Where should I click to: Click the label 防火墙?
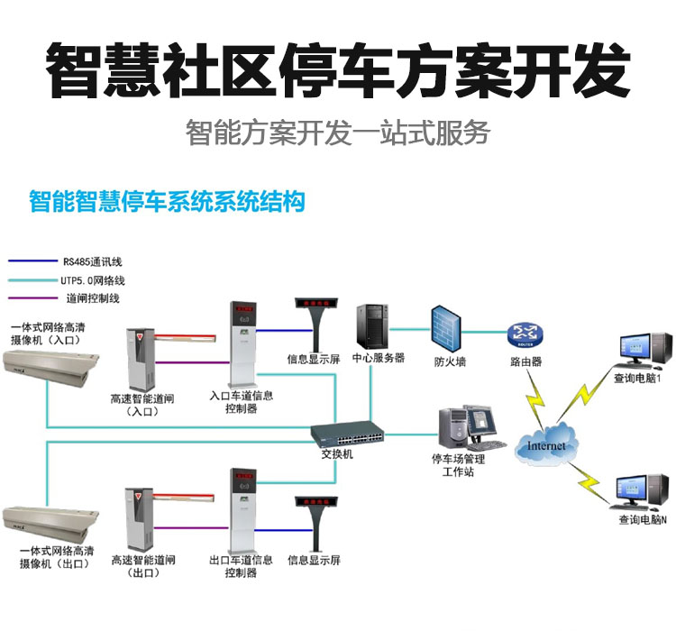click(x=450, y=362)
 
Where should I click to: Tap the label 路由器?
click(x=525, y=362)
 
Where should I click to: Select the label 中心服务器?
click(x=378, y=358)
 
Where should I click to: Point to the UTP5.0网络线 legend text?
click(x=94, y=280)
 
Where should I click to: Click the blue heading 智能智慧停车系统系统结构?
click(x=167, y=200)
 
